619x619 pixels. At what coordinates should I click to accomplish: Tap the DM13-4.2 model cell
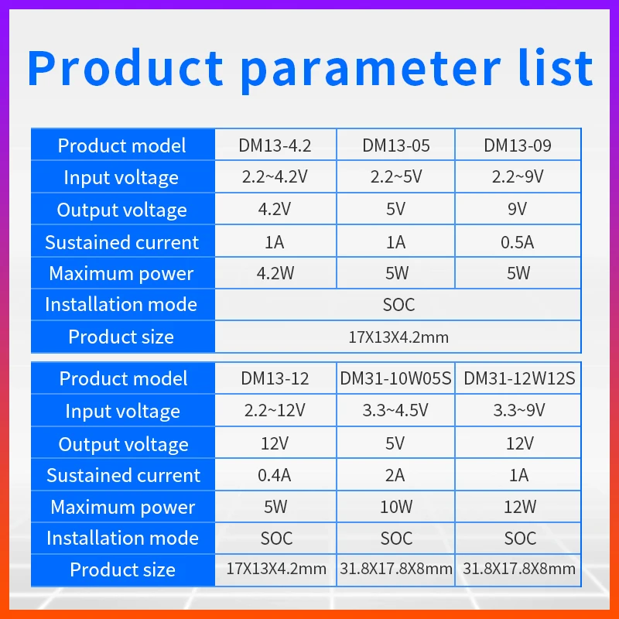(x=275, y=145)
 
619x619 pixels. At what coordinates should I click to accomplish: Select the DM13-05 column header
(x=396, y=145)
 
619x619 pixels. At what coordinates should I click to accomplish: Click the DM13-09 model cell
(x=518, y=145)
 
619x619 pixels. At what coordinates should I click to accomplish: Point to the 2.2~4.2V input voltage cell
(x=275, y=176)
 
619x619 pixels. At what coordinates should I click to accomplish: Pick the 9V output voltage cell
(x=517, y=209)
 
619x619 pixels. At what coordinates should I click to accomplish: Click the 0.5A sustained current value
(x=517, y=242)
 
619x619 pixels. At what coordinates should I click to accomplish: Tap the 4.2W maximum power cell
(x=275, y=273)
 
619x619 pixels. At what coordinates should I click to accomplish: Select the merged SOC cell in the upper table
(x=398, y=305)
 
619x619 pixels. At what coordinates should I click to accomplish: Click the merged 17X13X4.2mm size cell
(x=398, y=337)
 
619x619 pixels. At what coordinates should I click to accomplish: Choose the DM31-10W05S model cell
(x=395, y=378)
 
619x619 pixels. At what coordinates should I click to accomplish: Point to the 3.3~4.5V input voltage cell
(x=395, y=410)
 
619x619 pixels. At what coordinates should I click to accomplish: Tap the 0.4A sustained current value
(x=275, y=475)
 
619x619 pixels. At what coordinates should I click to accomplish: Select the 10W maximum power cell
(x=396, y=507)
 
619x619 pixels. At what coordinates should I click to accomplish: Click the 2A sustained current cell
(x=395, y=475)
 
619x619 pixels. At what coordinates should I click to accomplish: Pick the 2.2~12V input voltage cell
(x=275, y=410)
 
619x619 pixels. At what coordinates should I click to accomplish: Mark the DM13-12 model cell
(x=275, y=378)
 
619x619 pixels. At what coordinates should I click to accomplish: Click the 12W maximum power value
(x=520, y=507)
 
